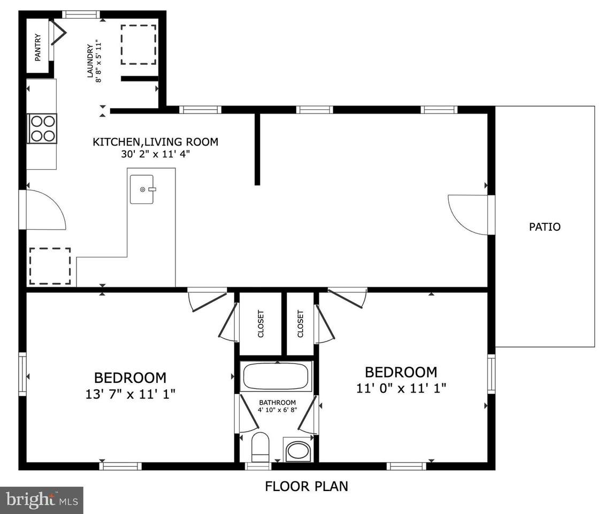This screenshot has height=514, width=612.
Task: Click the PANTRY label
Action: [x=38, y=48]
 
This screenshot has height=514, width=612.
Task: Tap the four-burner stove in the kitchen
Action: [x=42, y=128]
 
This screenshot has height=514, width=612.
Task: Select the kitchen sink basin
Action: [x=142, y=190]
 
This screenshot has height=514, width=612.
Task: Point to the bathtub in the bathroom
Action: [x=276, y=376]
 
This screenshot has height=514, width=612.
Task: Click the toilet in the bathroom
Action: [x=261, y=447]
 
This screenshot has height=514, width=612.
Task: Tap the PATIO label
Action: [x=545, y=227]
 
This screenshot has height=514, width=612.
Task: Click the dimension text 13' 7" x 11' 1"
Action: [x=131, y=394]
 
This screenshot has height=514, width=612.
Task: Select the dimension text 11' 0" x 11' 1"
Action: [x=401, y=388]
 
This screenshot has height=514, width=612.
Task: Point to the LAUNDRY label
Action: [x=90, y=61]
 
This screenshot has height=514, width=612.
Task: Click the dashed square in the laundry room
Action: [x=139, y=45]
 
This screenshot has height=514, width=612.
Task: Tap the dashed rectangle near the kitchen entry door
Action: [x=50, y=266]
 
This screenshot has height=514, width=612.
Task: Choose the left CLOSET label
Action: [x=261, y=324]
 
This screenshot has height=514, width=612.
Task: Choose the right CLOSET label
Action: [x=300, y=324]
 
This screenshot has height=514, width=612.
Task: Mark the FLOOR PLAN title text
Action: [x=307, y=486]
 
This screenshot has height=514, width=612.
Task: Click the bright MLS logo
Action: [x=42, y=500]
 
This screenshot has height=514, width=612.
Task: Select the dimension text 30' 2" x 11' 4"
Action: [x=155, y=154]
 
